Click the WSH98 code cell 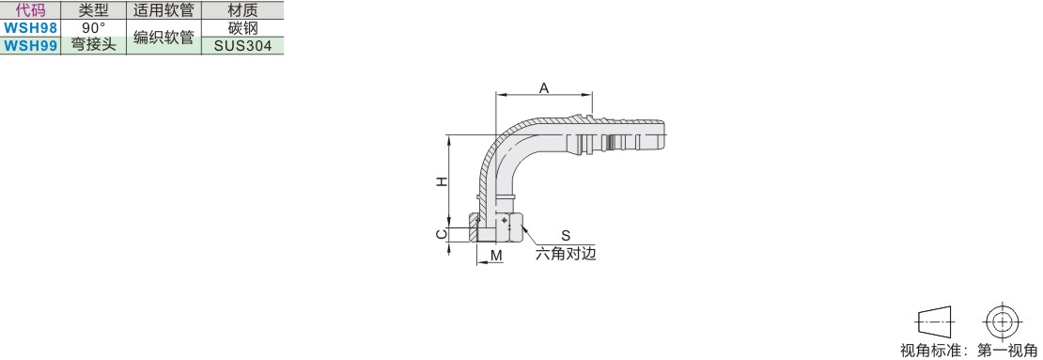30,28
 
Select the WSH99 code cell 30,45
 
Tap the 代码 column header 30,10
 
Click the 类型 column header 93,10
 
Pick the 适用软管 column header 163,10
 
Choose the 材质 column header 242,10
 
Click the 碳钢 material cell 242,28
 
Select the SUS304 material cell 242,45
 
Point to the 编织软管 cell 163,38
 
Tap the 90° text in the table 94,28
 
